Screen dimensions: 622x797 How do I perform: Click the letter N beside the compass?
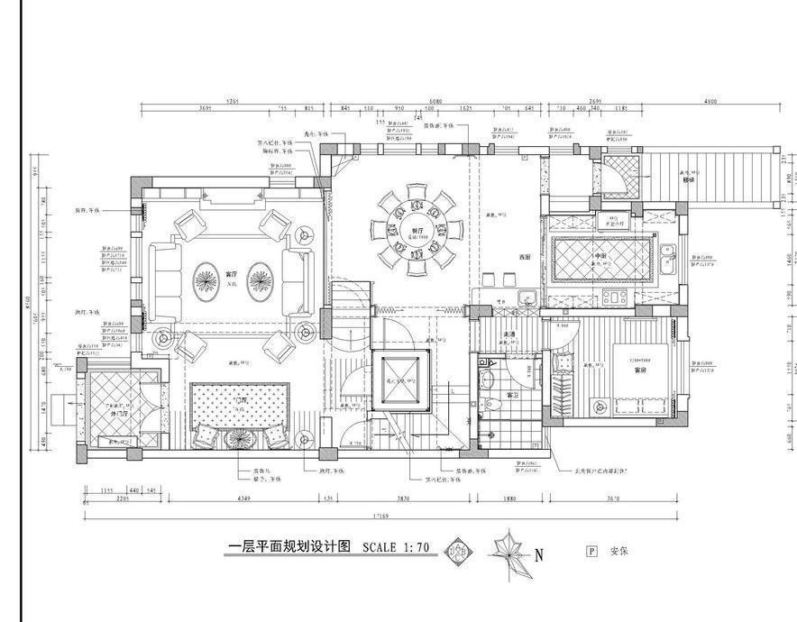[539, 556]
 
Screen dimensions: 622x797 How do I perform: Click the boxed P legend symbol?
[591, 551]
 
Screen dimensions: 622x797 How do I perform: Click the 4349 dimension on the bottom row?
[243, 499]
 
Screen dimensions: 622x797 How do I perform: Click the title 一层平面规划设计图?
[289, 547]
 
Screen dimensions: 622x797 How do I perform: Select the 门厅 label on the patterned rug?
[239, 400]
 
